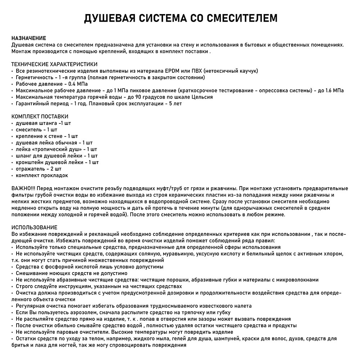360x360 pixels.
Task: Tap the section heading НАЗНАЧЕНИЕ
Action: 29,38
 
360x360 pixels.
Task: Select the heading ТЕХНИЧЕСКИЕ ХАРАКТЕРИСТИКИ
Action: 54,64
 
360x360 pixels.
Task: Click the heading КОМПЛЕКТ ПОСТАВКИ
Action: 40,117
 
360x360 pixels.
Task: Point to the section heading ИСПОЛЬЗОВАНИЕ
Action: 35,228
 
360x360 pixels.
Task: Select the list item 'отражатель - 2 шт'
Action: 39,168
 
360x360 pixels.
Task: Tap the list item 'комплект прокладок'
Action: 42,175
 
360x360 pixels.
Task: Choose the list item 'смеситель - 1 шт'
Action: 36,130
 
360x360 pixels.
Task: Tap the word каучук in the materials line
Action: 247,71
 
